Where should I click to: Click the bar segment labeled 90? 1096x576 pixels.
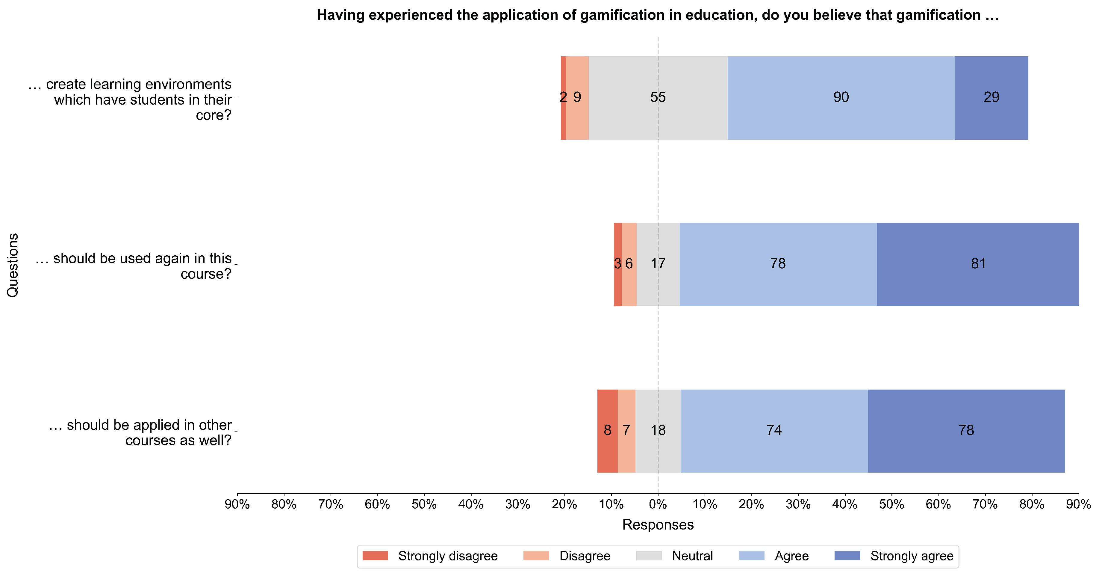pos(841,97)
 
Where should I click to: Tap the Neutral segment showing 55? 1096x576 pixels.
pos(658,97)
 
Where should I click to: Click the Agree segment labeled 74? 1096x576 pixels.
pos(774,430)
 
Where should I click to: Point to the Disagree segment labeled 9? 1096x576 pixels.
pos(577,97)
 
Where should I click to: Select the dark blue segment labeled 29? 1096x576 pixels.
pos(991,97)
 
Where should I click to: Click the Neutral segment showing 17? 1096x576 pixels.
pos(658,264)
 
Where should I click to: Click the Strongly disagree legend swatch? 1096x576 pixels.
pos(375,556)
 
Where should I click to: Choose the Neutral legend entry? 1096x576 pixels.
pos(692,556)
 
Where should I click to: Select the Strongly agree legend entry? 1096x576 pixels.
pos(911,556)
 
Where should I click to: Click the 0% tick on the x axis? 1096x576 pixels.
pos(658,504)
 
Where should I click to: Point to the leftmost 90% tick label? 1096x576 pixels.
pos(237,504)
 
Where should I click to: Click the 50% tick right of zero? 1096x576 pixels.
pos(891,504)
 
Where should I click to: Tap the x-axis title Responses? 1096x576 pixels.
pos(658,524)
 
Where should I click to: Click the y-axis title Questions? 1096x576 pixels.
pos(13,265)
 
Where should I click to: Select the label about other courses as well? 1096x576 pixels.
pos(140,432)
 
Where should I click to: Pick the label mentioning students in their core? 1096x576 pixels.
pos(130,99)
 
